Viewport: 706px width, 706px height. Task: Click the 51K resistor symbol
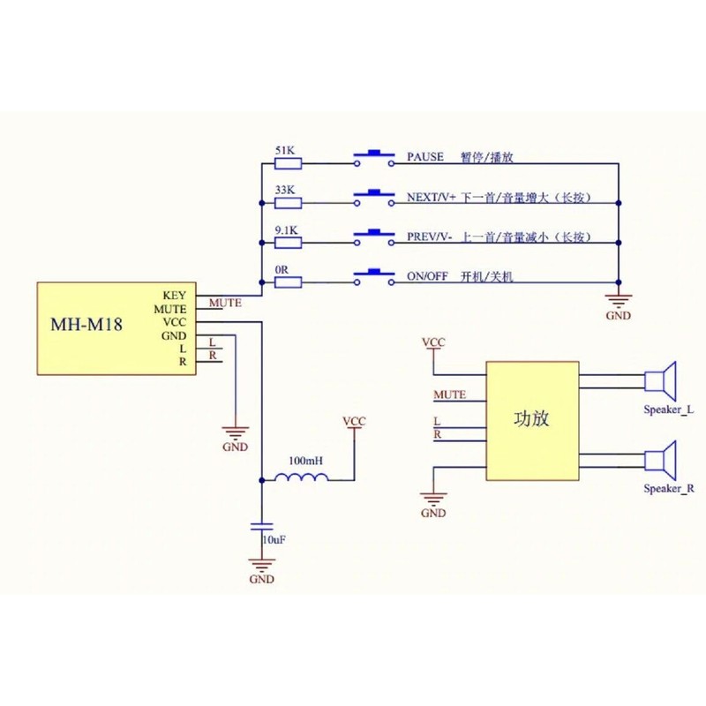289,162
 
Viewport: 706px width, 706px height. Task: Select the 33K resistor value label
285,190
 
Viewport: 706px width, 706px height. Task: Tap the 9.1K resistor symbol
289,242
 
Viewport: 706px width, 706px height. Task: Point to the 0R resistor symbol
289,282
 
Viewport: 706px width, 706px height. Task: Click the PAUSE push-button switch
374,158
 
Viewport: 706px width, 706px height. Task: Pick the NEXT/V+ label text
432,199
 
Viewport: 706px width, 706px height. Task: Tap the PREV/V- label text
431,238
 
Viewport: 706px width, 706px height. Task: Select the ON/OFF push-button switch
374,277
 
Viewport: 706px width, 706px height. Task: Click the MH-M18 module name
86,324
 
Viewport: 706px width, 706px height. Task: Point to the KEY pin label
175,296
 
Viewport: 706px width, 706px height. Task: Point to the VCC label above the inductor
354,423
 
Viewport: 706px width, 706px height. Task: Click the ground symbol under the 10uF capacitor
261,565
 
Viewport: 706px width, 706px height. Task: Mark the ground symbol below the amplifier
433,499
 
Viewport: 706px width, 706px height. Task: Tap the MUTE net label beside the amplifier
450,394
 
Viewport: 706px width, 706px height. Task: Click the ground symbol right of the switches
618,301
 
